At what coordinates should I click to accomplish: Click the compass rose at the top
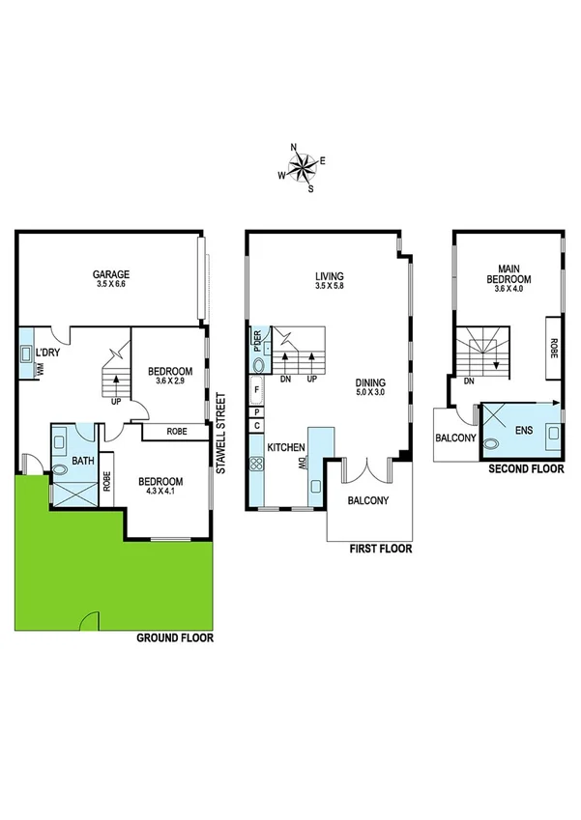303,168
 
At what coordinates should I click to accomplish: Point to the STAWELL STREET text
220,432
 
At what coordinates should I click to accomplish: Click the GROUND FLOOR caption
174,638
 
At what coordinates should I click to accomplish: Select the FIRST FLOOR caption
381,549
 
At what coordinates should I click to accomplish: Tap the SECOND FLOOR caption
526,469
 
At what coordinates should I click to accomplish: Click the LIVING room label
329,274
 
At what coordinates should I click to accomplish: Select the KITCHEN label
286,448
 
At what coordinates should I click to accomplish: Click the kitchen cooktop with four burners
257,464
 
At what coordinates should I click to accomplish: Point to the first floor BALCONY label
368,500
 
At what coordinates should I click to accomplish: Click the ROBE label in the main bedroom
554,348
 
